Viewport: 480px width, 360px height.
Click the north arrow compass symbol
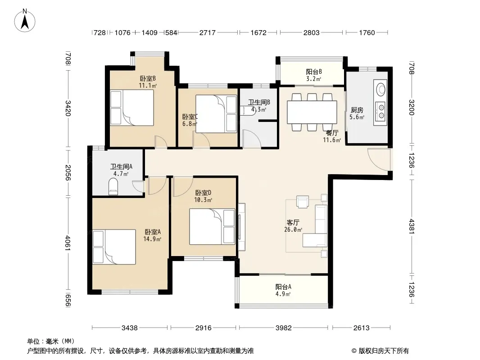point(25,21)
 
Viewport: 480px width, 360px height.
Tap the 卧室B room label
point(148,79)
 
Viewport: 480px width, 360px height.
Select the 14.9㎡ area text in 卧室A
point(153,239)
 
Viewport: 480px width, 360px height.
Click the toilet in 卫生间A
point(113,187)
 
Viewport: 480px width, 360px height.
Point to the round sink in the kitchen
point(381,89)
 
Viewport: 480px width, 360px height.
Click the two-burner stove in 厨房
point(381,112)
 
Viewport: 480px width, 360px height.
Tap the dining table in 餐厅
point(312,112)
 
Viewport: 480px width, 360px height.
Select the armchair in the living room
point(303,202)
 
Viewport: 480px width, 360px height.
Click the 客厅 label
point(293,222)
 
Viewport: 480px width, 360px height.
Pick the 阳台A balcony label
point(283,287)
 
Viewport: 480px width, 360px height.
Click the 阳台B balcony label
point(314,72)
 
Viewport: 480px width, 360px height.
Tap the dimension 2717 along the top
point(208,32)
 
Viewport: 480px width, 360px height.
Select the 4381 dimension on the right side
point(411,226)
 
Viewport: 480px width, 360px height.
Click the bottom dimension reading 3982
point(284,328)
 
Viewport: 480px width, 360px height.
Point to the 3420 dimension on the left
point(68,108)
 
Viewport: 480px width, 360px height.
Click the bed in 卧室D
point(212,227)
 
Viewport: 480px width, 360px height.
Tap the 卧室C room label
point(190,117)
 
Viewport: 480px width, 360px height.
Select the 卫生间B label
point(259,103)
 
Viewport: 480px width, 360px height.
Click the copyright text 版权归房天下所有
point(384,351)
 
